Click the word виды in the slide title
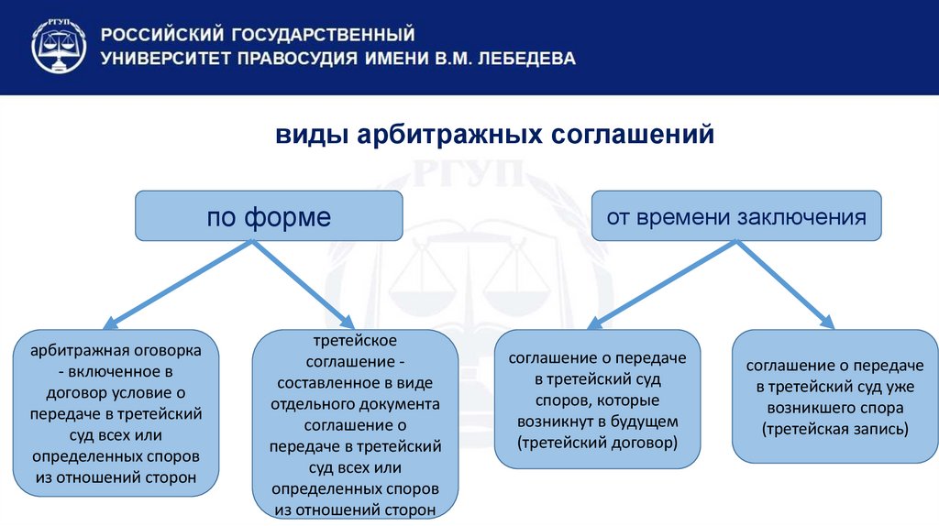pyautogui.click(x=308, y=135)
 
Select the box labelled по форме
pyautogui.click(x=269, y=216)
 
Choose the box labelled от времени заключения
pyautogui.click(x=736, y=216)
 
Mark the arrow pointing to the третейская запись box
pyautogui.click(x=785, y=282)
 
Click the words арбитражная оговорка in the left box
pyautogui.click(x=116, y=351)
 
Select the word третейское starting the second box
pyautogui.click(x=355, y=341)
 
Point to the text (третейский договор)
pyautogui.click(x=596, y=443)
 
